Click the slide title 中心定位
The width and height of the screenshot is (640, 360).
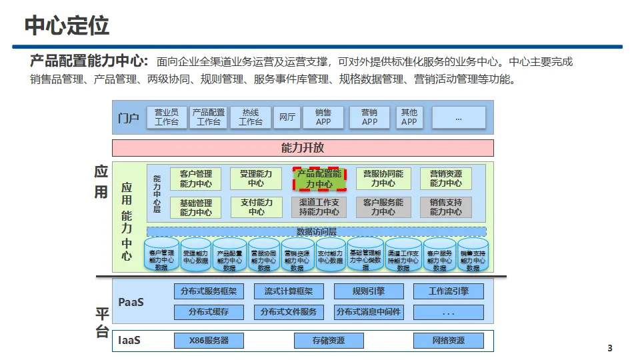coord(67,25)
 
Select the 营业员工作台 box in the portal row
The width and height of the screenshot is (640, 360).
coord(167,117)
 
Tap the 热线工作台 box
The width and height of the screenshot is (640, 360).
coord(251,117)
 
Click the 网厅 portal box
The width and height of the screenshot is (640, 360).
coord(287,117)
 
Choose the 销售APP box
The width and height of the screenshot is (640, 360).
coord(323,117)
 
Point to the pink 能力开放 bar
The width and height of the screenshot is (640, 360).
coord(303,148)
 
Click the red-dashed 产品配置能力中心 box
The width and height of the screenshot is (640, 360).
coord(319,179)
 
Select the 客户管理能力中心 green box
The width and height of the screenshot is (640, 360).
coord(196,179)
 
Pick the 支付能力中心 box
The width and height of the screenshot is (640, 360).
coord(256,207)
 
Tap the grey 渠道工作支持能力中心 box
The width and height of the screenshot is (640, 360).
coord(319,207)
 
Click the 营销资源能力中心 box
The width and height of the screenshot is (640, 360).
coord(445,179)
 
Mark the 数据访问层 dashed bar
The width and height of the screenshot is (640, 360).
coord(316,231)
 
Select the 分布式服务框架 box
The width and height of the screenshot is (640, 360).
coord(209,291)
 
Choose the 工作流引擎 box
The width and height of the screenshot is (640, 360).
coord(448,291)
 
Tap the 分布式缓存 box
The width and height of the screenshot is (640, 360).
coord(209,312)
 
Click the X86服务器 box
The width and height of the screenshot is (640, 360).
coord(209,341)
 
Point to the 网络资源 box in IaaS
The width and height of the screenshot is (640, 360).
coord(448,341)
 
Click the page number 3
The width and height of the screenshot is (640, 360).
coord(609,349)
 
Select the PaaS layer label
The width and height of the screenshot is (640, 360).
coord(131,302)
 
